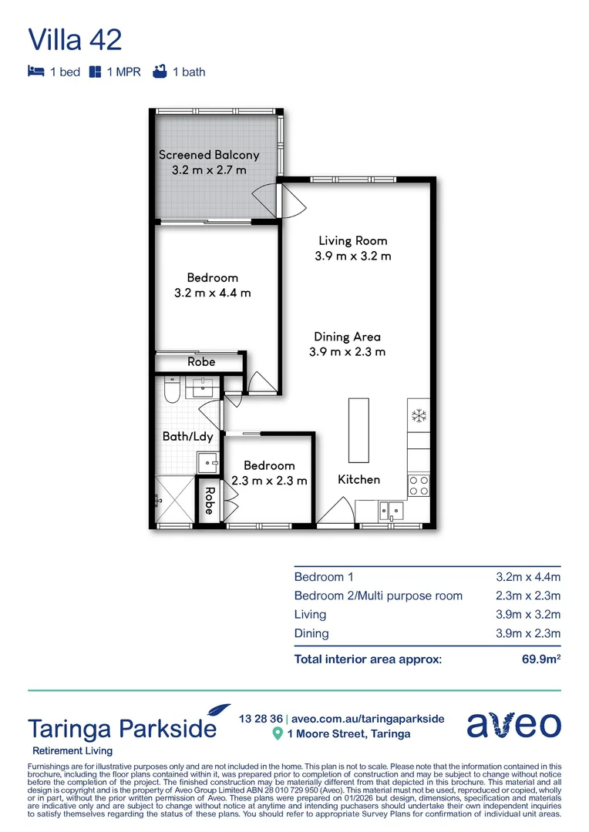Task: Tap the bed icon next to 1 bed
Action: coord(35,72)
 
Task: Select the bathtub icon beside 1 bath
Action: coord(160,72)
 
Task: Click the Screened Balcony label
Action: coord(209,155)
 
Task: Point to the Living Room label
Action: coord(352,241)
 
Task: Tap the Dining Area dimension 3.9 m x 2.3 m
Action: coord(349,352)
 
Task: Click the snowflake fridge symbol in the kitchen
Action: coord(419,416)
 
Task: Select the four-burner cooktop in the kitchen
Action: coord(419,485)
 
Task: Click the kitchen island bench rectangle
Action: coord(358,430)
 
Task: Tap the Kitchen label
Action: coord(359,479)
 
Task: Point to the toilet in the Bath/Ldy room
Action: coord(172,389)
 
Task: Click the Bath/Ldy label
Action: coord(187,437)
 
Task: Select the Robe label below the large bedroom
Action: coord(201,362)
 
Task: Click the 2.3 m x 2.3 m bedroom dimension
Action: coord(269,481)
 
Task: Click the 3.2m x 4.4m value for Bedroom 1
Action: coord(528,576)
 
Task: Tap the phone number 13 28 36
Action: coord(261,719)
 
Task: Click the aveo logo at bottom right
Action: coord(513,726)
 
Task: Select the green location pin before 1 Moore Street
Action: coord(278,734)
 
